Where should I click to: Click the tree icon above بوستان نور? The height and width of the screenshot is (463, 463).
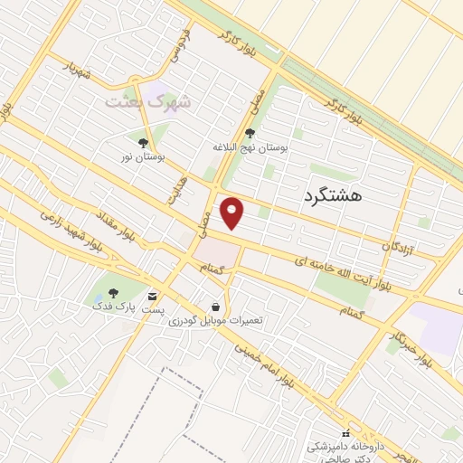click(x=143, y=143)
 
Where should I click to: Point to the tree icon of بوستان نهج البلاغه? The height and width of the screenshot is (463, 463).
click(x=250, y=134)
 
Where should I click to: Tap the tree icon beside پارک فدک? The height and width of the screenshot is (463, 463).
click(x=113, y=293)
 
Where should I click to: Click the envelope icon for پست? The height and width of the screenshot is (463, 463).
click(x=152, y=296)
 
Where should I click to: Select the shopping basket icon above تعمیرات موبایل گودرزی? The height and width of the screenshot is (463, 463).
click(x=215, y=307)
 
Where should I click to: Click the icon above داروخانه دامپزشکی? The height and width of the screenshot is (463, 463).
click(x=345, y=433)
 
